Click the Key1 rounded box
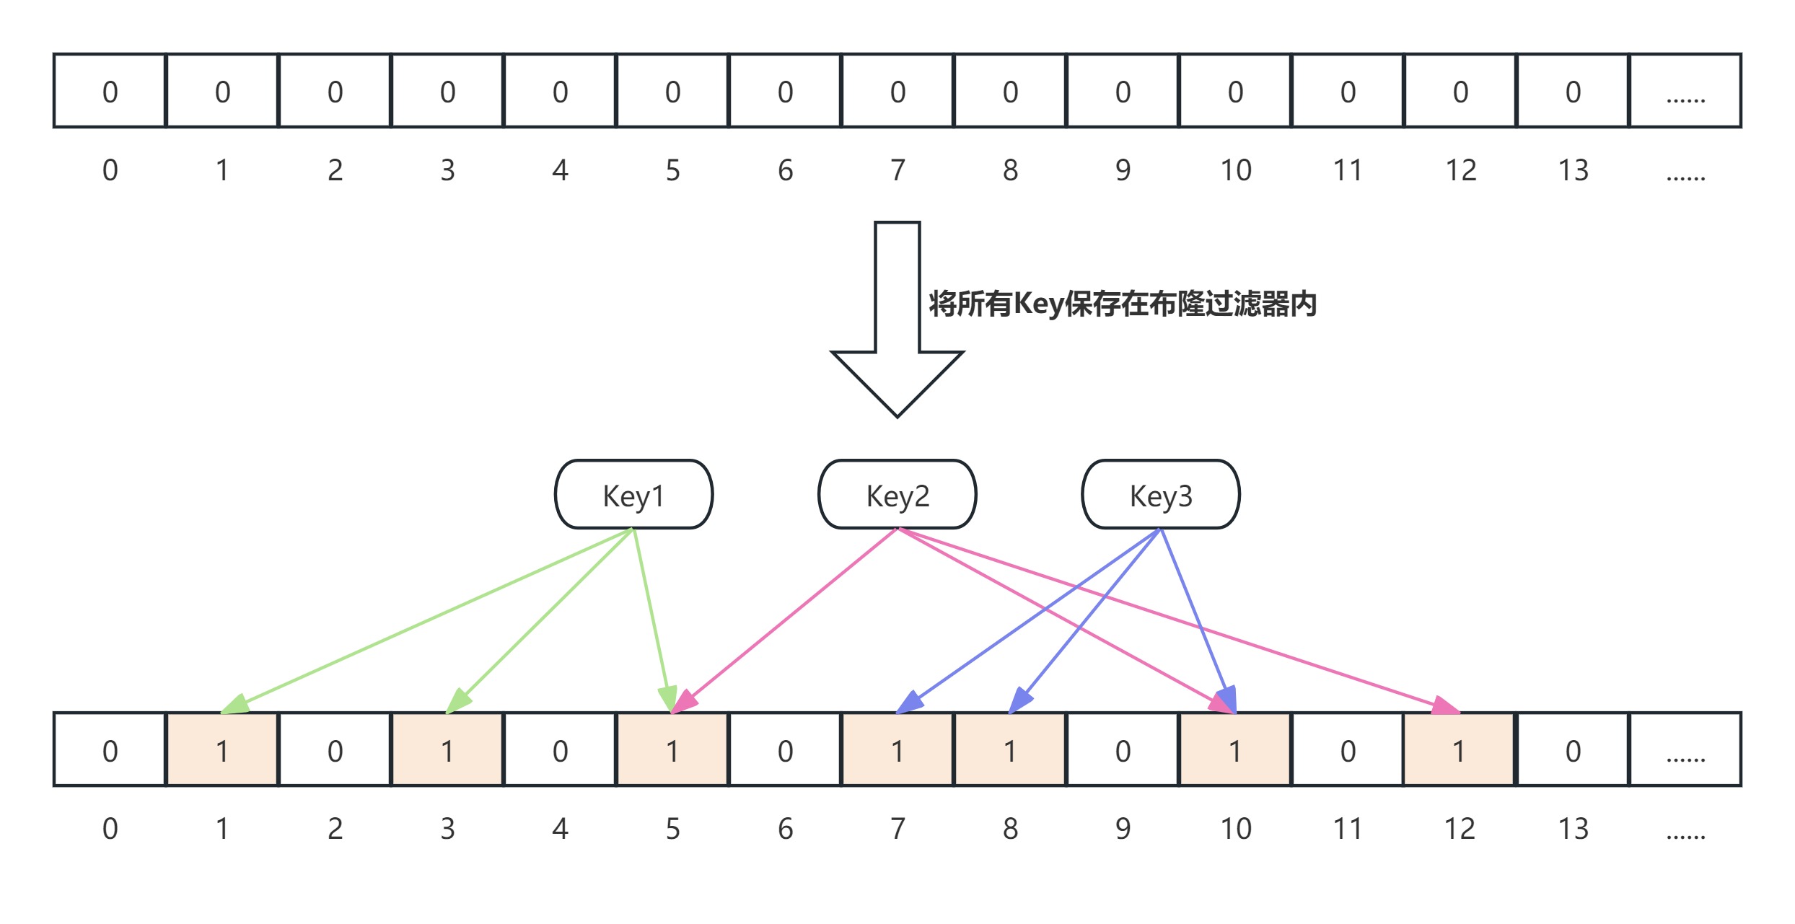(633, 495)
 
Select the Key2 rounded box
(897, 495)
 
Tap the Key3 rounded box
(1160, 495)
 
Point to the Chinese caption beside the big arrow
(1122, 304)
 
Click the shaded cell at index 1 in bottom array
(222, 750)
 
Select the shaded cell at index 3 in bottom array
(447, 750)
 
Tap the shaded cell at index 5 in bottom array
(672, 750)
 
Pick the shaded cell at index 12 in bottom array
(1459, 750)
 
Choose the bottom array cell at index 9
(1123, 750)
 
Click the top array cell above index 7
(897, 92)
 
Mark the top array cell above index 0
(110, 92)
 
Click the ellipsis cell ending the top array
(1685, 92)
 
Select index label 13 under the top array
(1573, 170)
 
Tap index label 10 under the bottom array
(1235, 829)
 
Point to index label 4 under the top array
(560, 170)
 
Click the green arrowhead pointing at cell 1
(235, 704)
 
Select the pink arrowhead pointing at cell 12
(1445, 705)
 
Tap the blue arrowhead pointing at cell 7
(910, 702)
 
